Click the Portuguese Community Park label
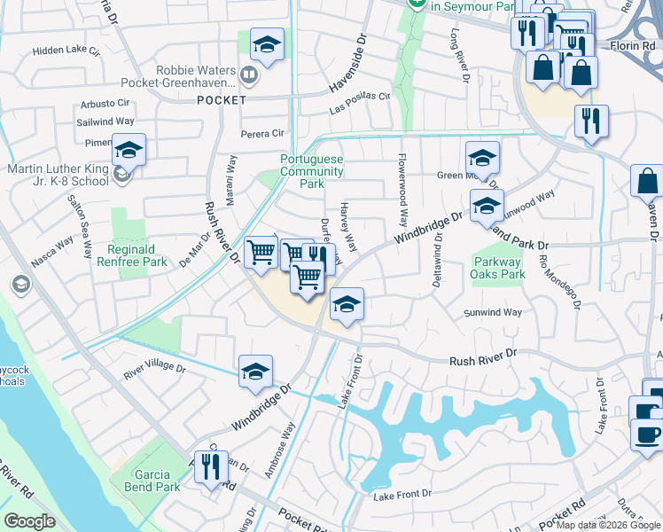[x=312, y=171]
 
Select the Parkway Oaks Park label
[x=499, y=268]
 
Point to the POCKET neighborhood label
[x=222, y=100]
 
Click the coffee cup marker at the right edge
[x=646, y=435]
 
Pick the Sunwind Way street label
[x=493, y=312]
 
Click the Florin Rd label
[x=631, y=43]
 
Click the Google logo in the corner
[x=30, y=521]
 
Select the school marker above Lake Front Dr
[x=347, y=305]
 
